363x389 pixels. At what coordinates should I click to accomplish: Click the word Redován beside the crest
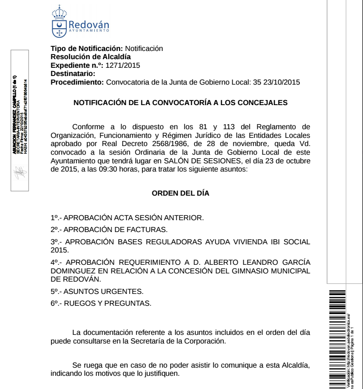point(89,25)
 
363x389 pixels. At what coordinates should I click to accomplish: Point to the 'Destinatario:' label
point(72,74)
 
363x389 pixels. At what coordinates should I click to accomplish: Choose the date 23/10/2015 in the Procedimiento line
point(284,82)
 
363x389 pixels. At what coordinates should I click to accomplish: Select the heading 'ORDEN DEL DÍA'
point(180,193)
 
